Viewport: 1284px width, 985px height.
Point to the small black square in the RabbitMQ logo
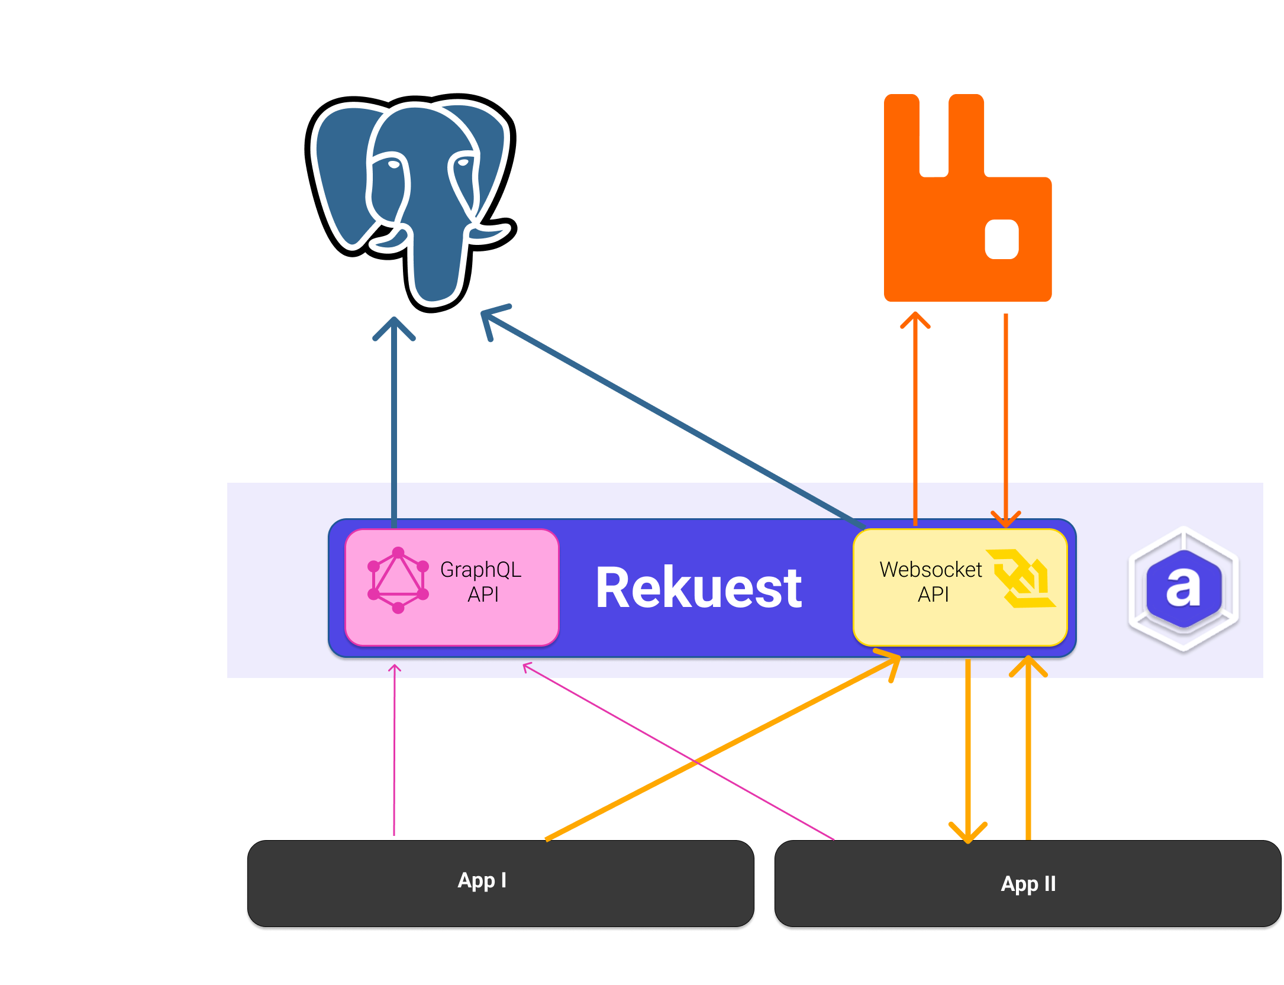click(1001, 240)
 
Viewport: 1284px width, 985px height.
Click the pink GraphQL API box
click(452, 587)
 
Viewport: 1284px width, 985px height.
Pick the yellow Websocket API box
click(960, 587)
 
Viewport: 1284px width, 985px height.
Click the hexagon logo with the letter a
click(1183, 589)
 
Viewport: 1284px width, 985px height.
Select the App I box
click(501, 883)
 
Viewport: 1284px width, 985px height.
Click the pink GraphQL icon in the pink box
click(398, 580)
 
